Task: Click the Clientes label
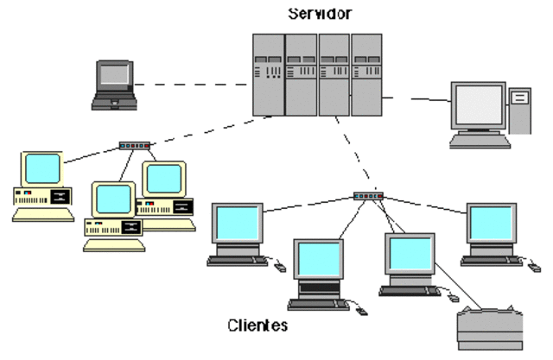(257, 326)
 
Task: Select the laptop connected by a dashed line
(114, 84)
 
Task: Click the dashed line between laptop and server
(190, 85)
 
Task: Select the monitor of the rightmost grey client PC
(492, 224)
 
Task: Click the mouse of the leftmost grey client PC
(279, 267)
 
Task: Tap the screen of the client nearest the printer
(409, 254)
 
